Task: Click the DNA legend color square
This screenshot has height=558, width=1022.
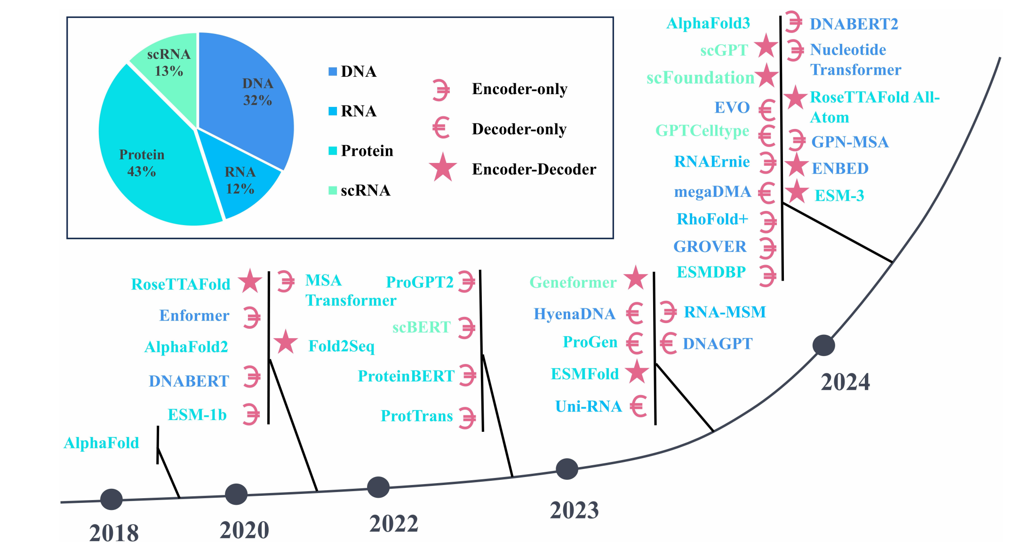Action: click(333, 72)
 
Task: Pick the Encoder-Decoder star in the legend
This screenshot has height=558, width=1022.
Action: click(443, 168)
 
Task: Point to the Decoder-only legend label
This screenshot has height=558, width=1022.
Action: click(519, 129)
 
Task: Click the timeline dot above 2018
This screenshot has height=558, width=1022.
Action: click(112, 499)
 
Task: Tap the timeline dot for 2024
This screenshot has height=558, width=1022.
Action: click(823, 346)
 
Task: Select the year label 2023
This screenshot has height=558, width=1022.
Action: click(574, 510)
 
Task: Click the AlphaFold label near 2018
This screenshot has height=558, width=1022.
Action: click(101, 443)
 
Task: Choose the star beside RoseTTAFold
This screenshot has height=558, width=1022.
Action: click(250, 282)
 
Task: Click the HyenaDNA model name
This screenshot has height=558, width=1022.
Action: click(574, 314)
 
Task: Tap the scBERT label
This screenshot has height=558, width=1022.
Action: click(422, 327)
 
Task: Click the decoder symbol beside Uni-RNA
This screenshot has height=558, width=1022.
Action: click(639, 406)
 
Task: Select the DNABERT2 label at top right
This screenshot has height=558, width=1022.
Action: click(854, 24)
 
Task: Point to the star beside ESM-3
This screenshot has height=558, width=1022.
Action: click(797, 192)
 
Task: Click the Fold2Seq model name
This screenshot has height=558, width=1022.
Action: click(341, 346)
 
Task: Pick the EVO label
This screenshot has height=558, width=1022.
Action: click(732, 108)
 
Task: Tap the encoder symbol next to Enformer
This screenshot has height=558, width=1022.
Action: click(252, 317)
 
